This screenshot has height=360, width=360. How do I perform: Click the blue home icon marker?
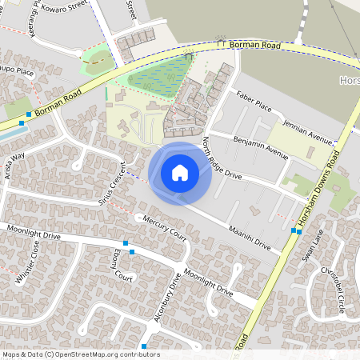tap(180, 172)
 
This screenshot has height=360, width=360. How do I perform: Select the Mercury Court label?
tap(164, 229)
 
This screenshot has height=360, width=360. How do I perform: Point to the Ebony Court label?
tap(122, 264)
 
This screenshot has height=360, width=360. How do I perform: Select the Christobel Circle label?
tap(334, 288)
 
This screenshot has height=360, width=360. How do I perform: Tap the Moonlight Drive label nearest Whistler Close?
tap(34, 234)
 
